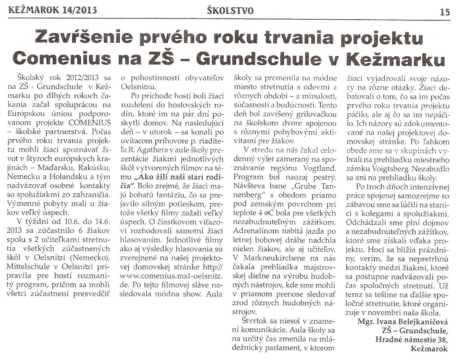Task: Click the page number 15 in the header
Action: tap(445, 12)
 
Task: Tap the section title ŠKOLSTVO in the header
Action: tap(230, 11)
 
